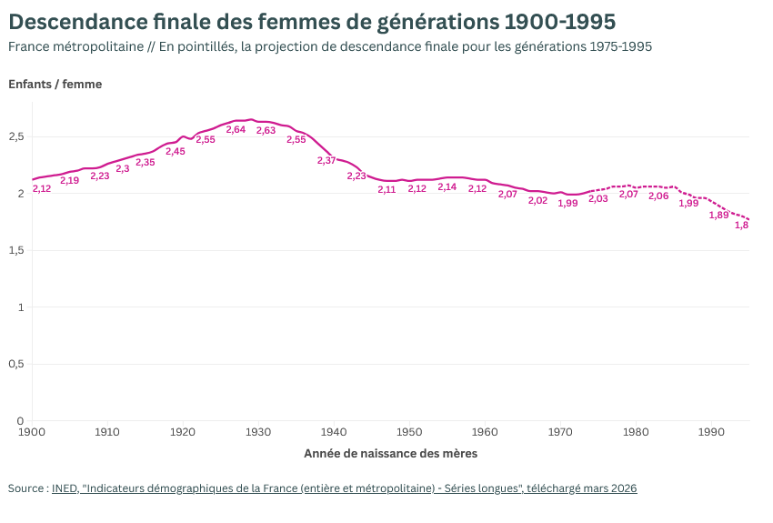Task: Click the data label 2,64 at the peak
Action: (236, 130)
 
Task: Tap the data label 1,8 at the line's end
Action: (741, 225)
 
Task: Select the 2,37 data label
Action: (326, 160)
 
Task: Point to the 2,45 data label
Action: (176, 152)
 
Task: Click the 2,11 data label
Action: (386, 189)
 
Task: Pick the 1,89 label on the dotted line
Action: (718, 216)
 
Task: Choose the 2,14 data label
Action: (447, 186)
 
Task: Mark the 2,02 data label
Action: (537, 200)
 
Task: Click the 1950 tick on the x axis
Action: (409, 432)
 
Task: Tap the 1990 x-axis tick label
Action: (711, 432)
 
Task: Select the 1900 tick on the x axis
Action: (32, 432)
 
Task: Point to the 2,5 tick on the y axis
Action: (15, 136)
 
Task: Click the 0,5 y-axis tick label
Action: (15, 364)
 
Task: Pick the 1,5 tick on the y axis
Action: (15, 250)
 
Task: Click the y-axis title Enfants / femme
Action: (55, 85)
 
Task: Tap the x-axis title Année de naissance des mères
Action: (390, 453)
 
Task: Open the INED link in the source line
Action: (64, 488)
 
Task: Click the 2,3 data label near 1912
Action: (123, 169)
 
